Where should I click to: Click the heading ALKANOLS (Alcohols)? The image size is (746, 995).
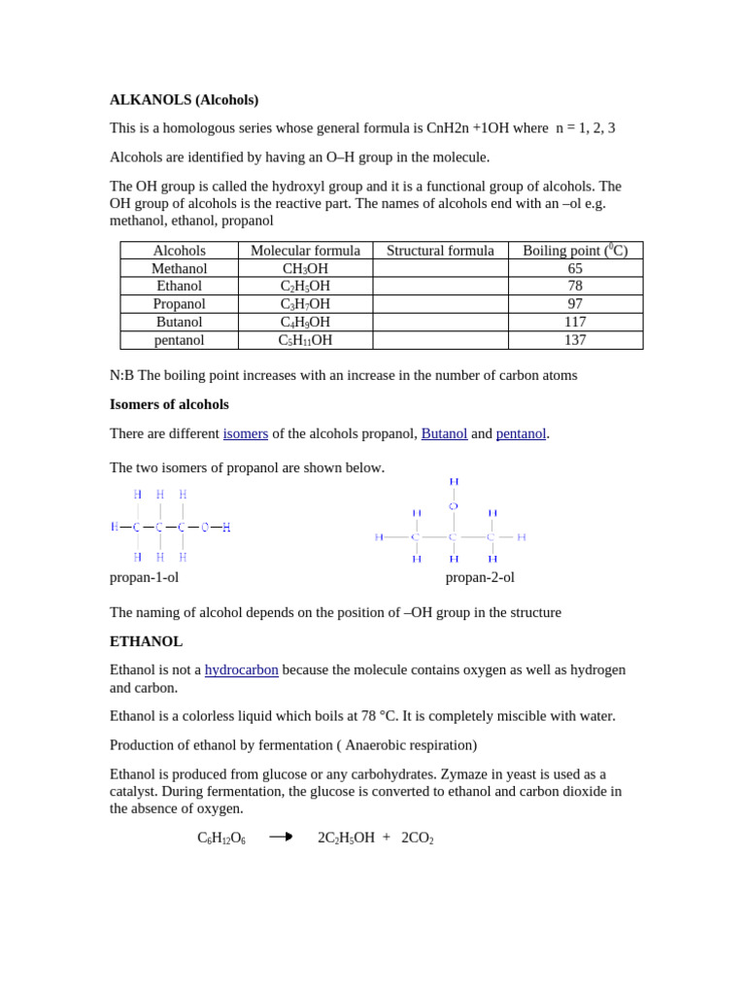coord(184,99)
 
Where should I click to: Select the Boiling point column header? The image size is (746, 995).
coord(575,251)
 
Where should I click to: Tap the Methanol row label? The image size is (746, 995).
coord(179,268)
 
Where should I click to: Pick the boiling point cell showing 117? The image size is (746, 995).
coord(575,322)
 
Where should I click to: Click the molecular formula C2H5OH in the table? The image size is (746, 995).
coord(305,286)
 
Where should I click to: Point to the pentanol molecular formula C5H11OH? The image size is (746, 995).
coord(305,340)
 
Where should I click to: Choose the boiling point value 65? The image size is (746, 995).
coord(575,268)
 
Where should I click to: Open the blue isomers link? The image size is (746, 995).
coord(245,433)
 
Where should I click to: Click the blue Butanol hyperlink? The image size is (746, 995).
coord(444,433)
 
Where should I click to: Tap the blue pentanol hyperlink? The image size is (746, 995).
coord(521,433)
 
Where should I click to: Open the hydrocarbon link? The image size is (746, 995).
coord(241,669)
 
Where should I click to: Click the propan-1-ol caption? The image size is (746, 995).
coord(144,577)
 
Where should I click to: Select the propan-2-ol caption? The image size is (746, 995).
coord(480,577)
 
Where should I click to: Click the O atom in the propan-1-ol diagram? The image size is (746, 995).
coord(205,528)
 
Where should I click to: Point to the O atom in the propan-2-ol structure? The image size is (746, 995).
coord(453,506)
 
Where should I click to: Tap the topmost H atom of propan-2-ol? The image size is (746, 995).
coord(454,482)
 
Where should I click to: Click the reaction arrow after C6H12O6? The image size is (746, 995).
coord(281,837)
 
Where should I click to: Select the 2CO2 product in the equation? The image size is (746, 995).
coord(417,838)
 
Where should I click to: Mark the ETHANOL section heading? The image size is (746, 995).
coord(146,641)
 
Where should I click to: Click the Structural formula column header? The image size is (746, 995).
coord(440,251)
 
